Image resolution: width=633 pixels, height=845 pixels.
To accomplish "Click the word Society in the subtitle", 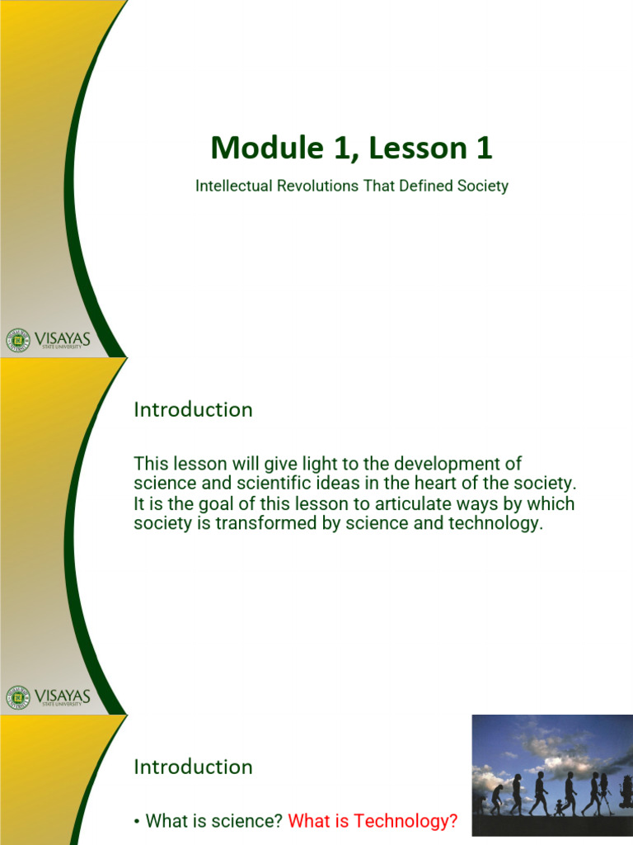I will tap(482, 186).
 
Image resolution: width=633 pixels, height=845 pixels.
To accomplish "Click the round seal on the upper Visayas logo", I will tap(16, 339).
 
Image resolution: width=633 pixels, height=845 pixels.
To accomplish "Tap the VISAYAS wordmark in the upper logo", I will tap(63, 338).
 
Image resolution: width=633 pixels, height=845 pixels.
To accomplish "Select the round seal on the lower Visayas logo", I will tap(16, 697).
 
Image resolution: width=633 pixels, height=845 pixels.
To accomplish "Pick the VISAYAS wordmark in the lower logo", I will tap(63, 696).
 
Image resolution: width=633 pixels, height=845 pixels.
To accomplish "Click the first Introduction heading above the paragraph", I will tap(193, 409).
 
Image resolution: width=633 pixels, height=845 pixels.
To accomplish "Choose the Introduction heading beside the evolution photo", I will tap(193, 767).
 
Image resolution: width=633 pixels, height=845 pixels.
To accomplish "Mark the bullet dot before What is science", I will tap(136, 822).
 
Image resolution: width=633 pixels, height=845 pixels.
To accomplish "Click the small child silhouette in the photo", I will tap(560, 805).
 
